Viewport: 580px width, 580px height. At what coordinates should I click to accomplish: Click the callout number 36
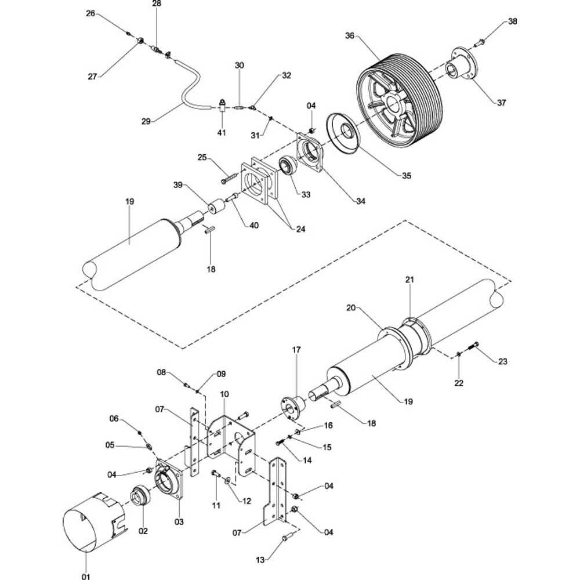[349, 35]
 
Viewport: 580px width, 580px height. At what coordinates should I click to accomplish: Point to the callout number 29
[146, 121]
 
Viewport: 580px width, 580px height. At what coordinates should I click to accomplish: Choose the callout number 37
[501, 103]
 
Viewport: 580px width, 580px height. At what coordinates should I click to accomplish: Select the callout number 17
[296, 350]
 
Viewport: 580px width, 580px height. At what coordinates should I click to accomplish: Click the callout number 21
[409, 280]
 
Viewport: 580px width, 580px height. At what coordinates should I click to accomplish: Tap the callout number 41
[222, 133]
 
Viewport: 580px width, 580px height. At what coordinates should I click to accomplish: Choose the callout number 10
[224, 394]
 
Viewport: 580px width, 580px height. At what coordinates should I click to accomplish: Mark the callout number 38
[512, 22]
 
